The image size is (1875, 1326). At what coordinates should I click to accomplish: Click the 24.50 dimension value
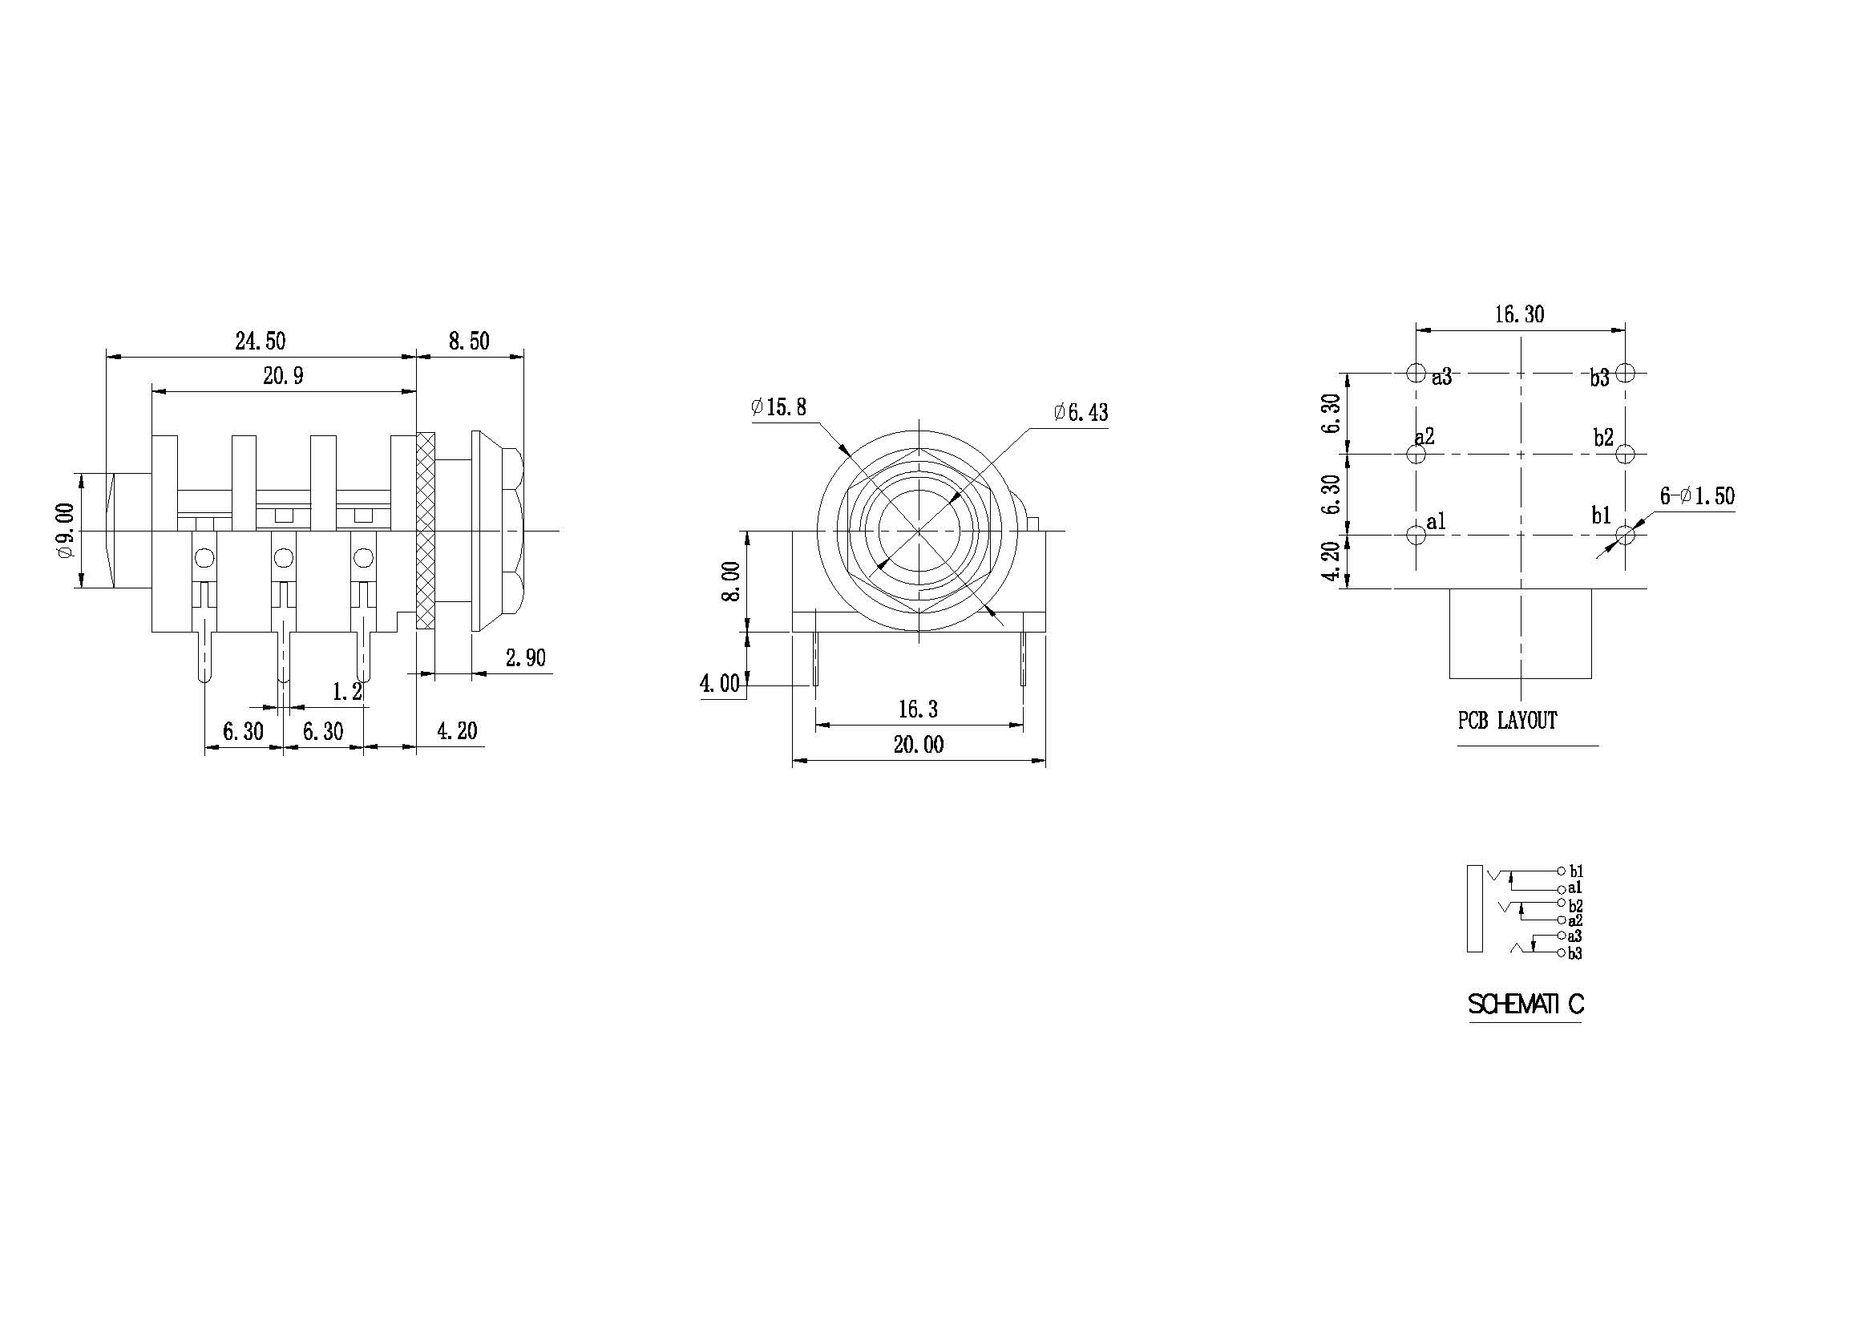click(x=261, y=341)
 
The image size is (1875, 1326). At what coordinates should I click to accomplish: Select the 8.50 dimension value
click(x=470, y=341)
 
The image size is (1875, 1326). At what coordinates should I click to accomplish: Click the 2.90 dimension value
click(x=526, y=657)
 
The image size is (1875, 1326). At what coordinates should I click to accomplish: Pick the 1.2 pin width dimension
click(x=347, y=692)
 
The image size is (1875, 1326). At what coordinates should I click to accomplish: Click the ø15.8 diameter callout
click(x=779, y=406)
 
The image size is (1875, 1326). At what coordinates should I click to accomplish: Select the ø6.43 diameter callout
click(x=1081, y=412)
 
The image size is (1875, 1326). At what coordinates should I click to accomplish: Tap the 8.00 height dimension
click(x=732, y=581)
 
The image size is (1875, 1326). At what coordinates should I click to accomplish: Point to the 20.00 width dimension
click(x=919, y=745)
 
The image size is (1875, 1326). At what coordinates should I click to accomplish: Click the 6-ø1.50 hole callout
click(x=1697, y=496)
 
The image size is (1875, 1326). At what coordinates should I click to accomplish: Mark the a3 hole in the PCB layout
click(x=1416, y=373)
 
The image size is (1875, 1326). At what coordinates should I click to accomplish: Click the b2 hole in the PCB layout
click(x=1625, y=453)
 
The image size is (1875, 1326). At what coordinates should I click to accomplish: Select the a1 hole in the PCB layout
click(x=1416, y=535)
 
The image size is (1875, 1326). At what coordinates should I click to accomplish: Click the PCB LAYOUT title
click(x=1508, y=720)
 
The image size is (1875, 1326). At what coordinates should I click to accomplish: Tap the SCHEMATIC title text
click(x=1525, y=1005)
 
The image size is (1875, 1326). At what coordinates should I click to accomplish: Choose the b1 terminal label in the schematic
click(x=1575, y=872)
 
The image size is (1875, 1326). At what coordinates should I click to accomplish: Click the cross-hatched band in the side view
click(x=426, y=531)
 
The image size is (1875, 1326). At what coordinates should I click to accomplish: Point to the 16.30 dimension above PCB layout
click(x=1520, y=314)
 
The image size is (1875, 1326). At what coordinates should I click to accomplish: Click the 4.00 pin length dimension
click(x=719, y=683)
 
